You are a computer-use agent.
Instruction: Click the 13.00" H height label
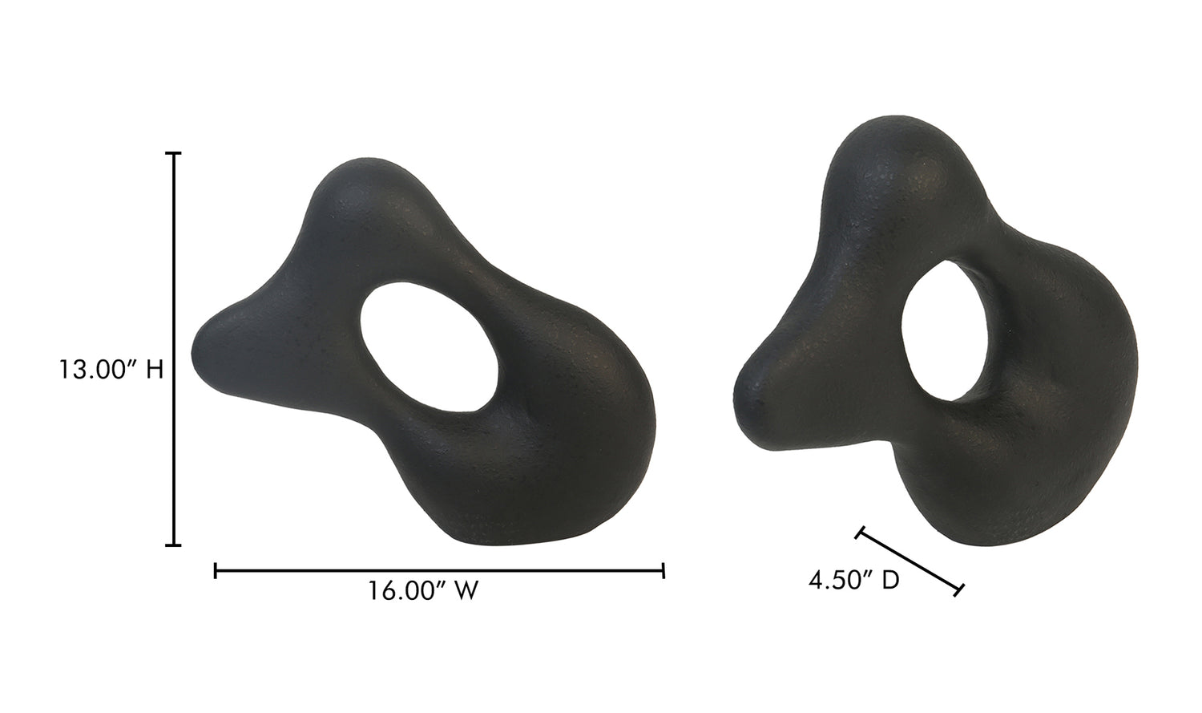click(x=111, y=370)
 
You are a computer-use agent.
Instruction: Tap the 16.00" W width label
click(x=423, y=590)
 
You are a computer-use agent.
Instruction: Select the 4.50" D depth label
click(x=853, y=580)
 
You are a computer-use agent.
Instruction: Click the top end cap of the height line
click(x=173, y=153)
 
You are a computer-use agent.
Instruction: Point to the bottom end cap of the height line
click(x=173, y=545)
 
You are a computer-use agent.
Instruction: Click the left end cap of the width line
click(x=216, y=571)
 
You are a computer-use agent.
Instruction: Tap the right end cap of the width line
click(x=664, y=571)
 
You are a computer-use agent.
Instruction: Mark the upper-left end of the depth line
click(x=860, y=533)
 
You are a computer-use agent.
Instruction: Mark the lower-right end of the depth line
click(x=959, y=589)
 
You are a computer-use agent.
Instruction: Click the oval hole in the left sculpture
click(x=430, y=347)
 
